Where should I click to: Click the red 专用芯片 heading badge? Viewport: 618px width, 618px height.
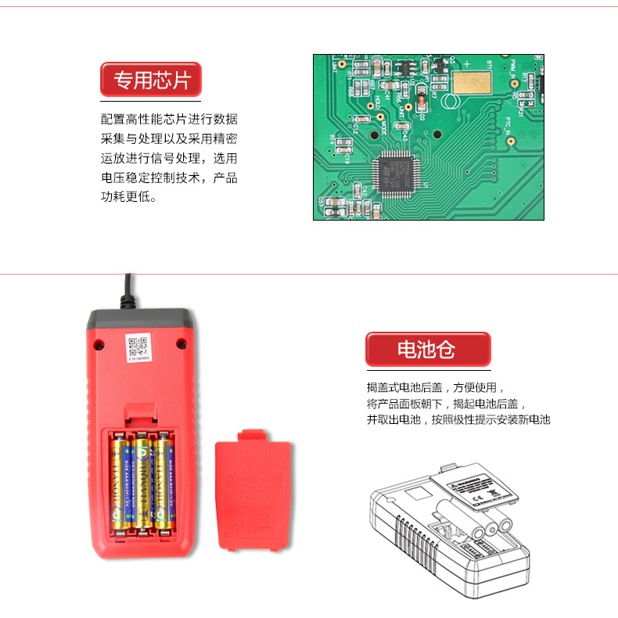click(151, 80)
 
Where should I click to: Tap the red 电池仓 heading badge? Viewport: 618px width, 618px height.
click(427, 350)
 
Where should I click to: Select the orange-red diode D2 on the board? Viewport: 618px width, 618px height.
click(421, 100)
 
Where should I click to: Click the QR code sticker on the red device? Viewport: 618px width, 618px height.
click(138, 347)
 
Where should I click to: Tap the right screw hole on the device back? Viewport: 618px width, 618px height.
click(181, 343)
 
